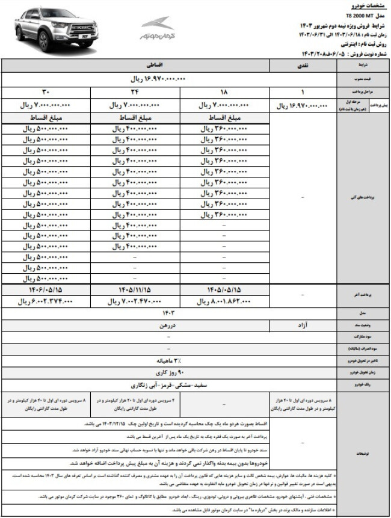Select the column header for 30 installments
tap(46, 92)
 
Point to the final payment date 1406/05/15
tap(46, 289)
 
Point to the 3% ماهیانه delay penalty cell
tap(168, 360)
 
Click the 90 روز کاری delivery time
tap(168, 372)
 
